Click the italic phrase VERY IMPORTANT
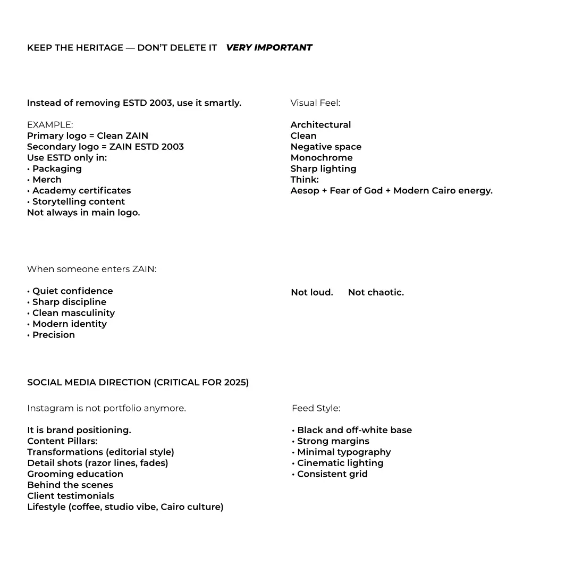point(269,48)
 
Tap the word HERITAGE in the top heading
point(99,48)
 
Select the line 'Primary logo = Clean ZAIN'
point(88,136)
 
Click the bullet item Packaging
point(57,169)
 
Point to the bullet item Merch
point(47,180)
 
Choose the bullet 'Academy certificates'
point(81,191)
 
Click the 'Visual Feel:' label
point(315,103)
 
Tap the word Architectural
point(320,125)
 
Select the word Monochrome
point(322,158)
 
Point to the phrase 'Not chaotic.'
point(376,292)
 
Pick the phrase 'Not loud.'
point(312,292)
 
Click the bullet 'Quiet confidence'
point(72,291)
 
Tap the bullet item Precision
point(53,335)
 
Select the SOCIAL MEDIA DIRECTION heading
point(138,383)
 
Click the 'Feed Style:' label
point(316,409)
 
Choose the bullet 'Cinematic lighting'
point(340,463)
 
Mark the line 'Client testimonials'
point(71,496)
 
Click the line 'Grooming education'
point(75,474)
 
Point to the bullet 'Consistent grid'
point(332,474)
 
